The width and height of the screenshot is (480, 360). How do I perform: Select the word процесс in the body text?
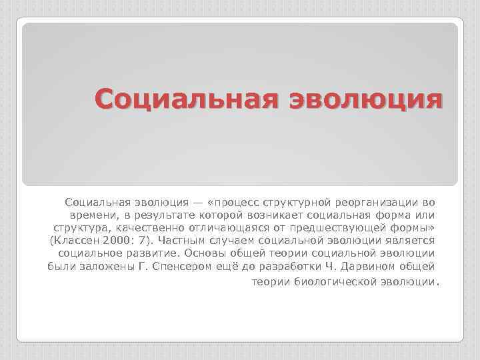coord(236,201)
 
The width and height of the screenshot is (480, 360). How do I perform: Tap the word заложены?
coord(106,267)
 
